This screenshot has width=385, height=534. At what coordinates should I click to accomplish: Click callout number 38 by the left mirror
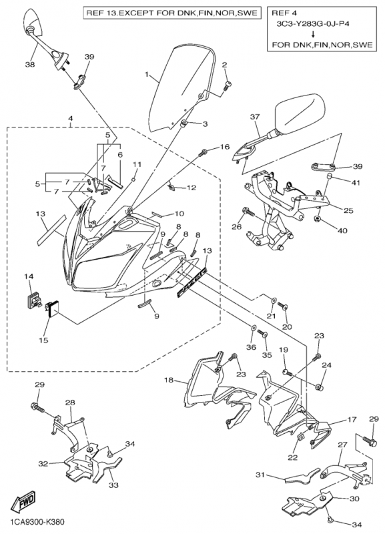click(30, 64)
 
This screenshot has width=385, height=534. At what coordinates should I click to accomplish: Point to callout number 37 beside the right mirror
click(255, 117)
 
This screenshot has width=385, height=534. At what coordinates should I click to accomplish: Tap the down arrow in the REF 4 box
click(312, 34)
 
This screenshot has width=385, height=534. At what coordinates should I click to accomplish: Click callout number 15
click(43, 340)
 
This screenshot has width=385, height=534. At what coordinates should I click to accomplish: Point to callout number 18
click(169, 380)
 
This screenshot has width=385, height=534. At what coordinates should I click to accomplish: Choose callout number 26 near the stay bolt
click(238, 227)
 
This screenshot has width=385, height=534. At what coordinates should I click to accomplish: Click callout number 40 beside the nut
click(342, 231)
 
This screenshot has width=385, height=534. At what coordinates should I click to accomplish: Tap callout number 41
click(356, 183)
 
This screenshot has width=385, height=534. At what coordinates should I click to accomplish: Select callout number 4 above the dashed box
click(70, 119)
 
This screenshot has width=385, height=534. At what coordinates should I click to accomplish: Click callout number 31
click(260, 475)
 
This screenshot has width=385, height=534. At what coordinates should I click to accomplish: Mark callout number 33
click(113, 485)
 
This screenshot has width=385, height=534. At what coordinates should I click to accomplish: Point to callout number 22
click(293, 458)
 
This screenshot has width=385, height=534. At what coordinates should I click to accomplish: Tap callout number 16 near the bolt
click(225, 147)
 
